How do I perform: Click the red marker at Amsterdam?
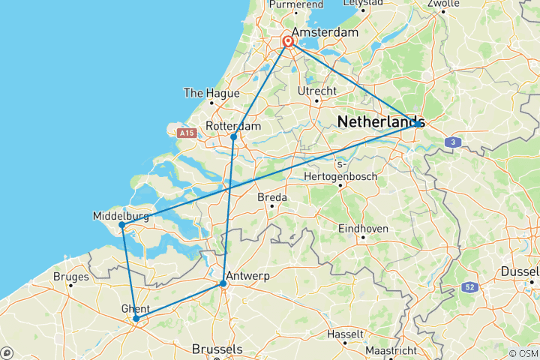(288, 42)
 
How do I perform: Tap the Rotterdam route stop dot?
(234, 136)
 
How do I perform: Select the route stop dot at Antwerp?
(223, 283)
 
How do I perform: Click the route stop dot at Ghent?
(136, 319)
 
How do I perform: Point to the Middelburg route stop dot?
(121, 224)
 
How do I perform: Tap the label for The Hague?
(211, 93)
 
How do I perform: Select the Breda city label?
(272, 197)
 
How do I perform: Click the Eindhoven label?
(363, 228)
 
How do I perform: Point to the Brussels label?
(217, 349)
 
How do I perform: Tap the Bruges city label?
(71, 277)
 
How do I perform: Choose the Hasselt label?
(346, 333)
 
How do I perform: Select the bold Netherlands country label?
(381, 121)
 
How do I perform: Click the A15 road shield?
(186, 133)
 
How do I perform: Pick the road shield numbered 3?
(452, 141)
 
